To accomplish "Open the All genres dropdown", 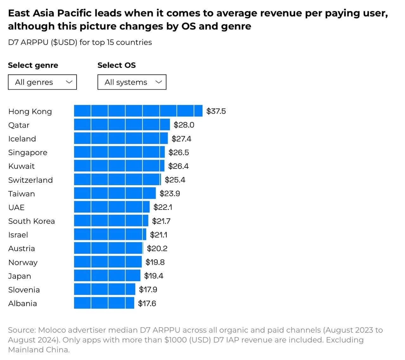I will coord(42,82).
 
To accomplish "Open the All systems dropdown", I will coord(132,82).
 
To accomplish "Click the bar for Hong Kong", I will coord(138,111).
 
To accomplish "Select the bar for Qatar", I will coord(122,125).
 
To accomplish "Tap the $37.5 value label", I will coord(216,111).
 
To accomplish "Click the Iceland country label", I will coord(22,139).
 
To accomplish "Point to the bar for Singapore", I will coord(119,152).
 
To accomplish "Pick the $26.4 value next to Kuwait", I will coord(178,166).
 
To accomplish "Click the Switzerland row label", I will coord(30,180).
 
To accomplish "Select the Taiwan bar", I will coord(115,193).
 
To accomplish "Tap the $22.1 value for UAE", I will coord(163,207).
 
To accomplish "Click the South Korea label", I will coord(31,221).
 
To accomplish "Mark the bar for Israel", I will coord(110,235).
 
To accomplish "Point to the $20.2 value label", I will coord(157,249).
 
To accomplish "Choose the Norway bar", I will coord(108,262).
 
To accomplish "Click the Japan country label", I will coord(20,276).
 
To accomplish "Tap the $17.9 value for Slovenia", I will coord(148,289).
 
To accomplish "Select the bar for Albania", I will coord(104,303).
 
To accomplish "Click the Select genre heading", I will coord(33,65).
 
